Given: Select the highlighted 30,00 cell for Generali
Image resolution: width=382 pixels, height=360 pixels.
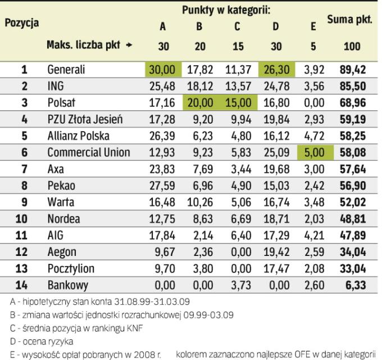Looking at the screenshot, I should tap(162, 70).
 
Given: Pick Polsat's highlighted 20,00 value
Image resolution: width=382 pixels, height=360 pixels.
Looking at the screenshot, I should tap(201, 103).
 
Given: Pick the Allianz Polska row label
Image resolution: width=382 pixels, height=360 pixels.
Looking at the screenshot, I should tap(78, 136).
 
